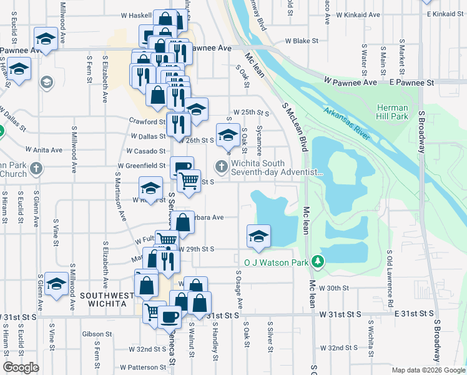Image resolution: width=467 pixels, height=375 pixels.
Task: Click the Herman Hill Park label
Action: [392, 111]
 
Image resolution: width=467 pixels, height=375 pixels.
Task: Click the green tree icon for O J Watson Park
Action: [318, 261]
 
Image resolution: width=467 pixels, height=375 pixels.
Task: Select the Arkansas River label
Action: [347, 122]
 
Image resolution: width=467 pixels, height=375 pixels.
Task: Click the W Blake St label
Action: [302, 41]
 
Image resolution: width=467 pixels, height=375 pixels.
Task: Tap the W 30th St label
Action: [333, 288]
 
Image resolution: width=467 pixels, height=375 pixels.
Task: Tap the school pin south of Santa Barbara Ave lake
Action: [258, 237]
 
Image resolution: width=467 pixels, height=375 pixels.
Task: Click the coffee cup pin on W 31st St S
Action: [169, 317]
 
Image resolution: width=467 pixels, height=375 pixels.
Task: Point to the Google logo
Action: [21, 368]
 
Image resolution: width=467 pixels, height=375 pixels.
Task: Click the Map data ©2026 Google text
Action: [428, 370]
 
